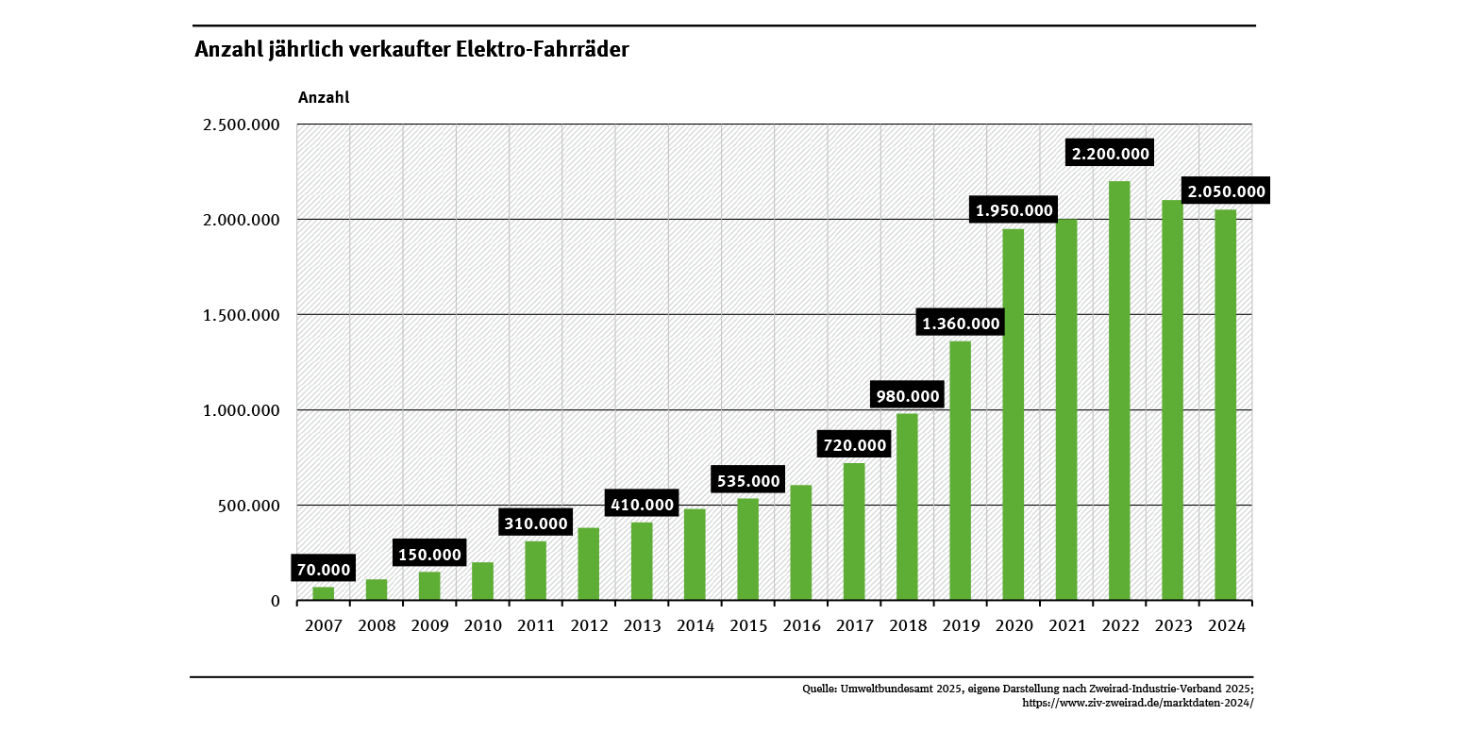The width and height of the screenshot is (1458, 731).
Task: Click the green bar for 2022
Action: (x=1119, y=390)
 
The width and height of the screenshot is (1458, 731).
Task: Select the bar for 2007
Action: (x=324, y=593)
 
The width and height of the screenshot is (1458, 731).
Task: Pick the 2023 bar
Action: (x=1172, y=400)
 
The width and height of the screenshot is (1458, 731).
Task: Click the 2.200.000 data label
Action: (x=1111, y=154)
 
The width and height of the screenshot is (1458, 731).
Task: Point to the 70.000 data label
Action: (x=324, y=570)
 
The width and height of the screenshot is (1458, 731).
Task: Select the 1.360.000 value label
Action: (x=961, y=324)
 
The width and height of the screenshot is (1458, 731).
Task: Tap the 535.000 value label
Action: (x=748, y=481)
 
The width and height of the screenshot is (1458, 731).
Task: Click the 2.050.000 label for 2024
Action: (x=1225, y=191)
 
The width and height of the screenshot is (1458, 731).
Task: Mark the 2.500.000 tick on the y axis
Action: (x=242, y=125)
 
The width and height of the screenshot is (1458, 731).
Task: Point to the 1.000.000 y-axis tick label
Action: (x=242, y=410)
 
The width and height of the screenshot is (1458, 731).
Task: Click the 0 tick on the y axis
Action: (x=276, y=601)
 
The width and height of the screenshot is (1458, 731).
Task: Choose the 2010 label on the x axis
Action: (x=483, y=625)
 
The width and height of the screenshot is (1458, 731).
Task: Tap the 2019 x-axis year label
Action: (x=961, y=625)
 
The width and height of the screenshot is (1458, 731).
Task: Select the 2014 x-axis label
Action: (x=695, y=625)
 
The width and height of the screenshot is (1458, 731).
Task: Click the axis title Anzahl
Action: (x=324, y=97)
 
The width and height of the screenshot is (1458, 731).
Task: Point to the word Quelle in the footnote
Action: (x=819, y=689)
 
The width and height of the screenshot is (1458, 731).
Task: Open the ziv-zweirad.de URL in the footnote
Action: (x=1138, y=703)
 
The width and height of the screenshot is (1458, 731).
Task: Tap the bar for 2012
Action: (x=589, y=564)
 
